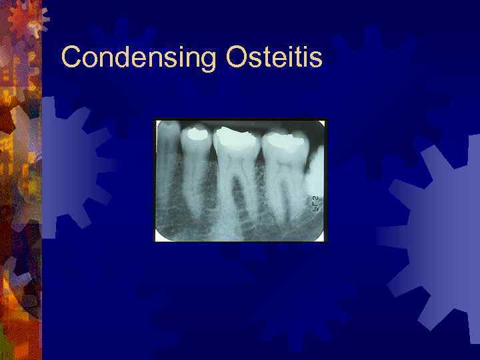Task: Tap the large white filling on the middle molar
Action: pos(234,138)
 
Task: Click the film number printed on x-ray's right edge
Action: pos(316,204)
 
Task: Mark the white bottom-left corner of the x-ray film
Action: pos(159,236)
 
